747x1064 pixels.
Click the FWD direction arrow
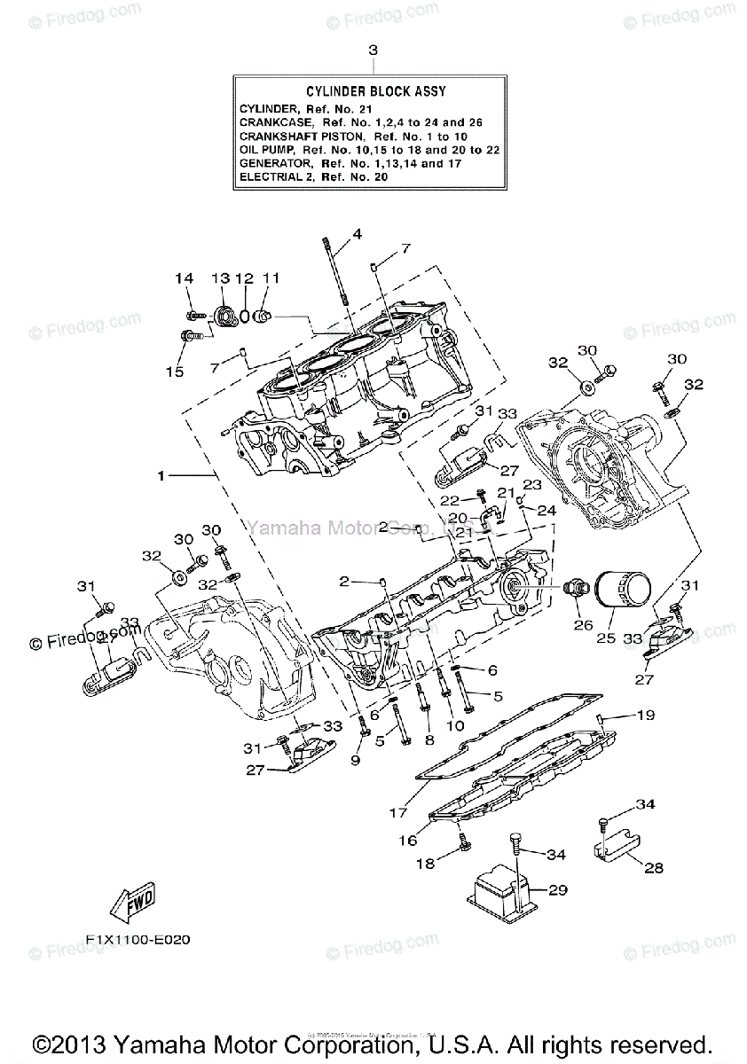130,903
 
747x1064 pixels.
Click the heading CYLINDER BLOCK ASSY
376,91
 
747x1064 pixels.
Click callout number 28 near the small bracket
653,868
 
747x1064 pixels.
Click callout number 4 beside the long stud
358,234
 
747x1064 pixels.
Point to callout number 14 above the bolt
184,278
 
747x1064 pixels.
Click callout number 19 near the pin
646,715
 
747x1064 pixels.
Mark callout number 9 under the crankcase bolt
355,760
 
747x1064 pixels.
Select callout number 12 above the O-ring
245,278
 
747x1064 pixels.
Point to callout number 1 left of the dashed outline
161,476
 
